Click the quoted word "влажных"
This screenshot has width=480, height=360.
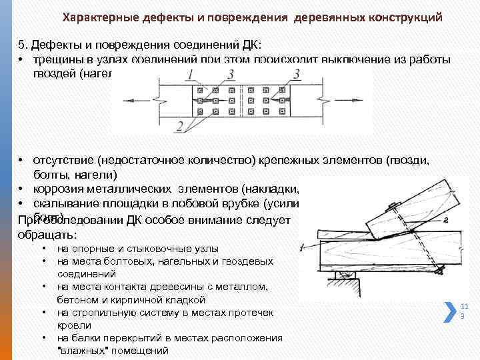(81, 350)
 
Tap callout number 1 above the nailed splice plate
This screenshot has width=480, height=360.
(190, 73)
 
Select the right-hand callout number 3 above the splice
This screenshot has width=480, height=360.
(295, 73)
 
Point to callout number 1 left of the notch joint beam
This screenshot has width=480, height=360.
(302, 248)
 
